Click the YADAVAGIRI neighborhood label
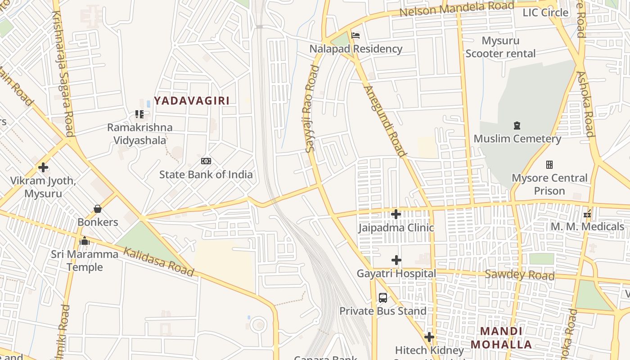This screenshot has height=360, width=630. pos(192,101)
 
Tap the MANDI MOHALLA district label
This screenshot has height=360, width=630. pos(501,338)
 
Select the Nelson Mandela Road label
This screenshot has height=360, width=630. pos(456,9)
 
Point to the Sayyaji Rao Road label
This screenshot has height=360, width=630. pos(312,108)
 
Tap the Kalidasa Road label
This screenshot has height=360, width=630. pos(159,261)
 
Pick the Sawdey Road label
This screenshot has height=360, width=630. pos(519,274)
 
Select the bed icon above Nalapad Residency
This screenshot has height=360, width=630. pos(355,36)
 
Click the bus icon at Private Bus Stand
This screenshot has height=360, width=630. pos(383,297)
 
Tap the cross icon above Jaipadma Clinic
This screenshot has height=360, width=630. pos(396,214)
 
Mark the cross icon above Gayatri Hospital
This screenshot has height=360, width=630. pos(396,260)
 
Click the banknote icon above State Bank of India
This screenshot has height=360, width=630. pos(206,161)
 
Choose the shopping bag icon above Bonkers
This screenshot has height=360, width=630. pos(97,209)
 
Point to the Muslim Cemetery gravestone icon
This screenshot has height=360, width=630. pos(517,126)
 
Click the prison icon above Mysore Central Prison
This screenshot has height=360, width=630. pos(549,165)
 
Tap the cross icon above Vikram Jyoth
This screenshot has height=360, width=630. pos(43,167)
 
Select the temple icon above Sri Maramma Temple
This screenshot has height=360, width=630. pos(85,241)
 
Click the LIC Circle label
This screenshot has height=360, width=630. pos(545,13)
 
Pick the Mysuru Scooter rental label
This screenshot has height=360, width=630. pos(500,47)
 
